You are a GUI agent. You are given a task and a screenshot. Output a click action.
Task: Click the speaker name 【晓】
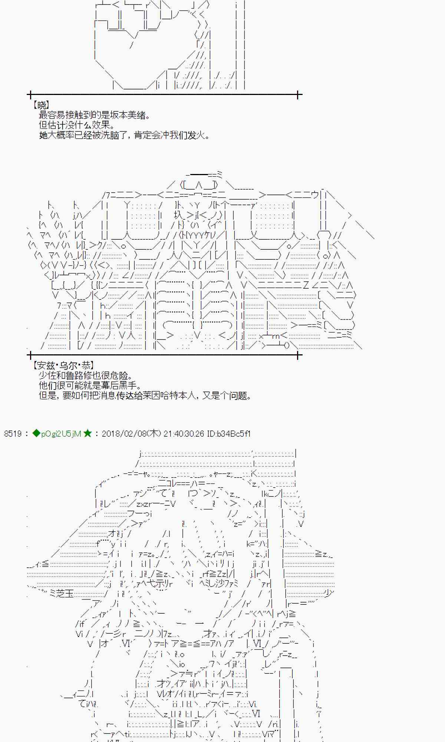pos(41,105)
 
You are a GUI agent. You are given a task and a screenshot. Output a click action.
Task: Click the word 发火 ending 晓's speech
pos(196,135)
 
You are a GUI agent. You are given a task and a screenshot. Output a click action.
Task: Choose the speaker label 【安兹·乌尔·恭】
pos(63,366)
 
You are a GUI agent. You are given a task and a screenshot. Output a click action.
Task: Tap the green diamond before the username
pos(36,433)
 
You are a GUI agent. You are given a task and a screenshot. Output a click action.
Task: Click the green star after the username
pos(88,433)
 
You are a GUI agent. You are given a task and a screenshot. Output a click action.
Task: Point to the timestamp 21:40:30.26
pos(184,434)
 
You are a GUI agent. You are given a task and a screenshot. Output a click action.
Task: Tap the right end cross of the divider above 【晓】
pos(298,95)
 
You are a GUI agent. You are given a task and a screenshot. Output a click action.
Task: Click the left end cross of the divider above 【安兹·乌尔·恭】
pos(30,355)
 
